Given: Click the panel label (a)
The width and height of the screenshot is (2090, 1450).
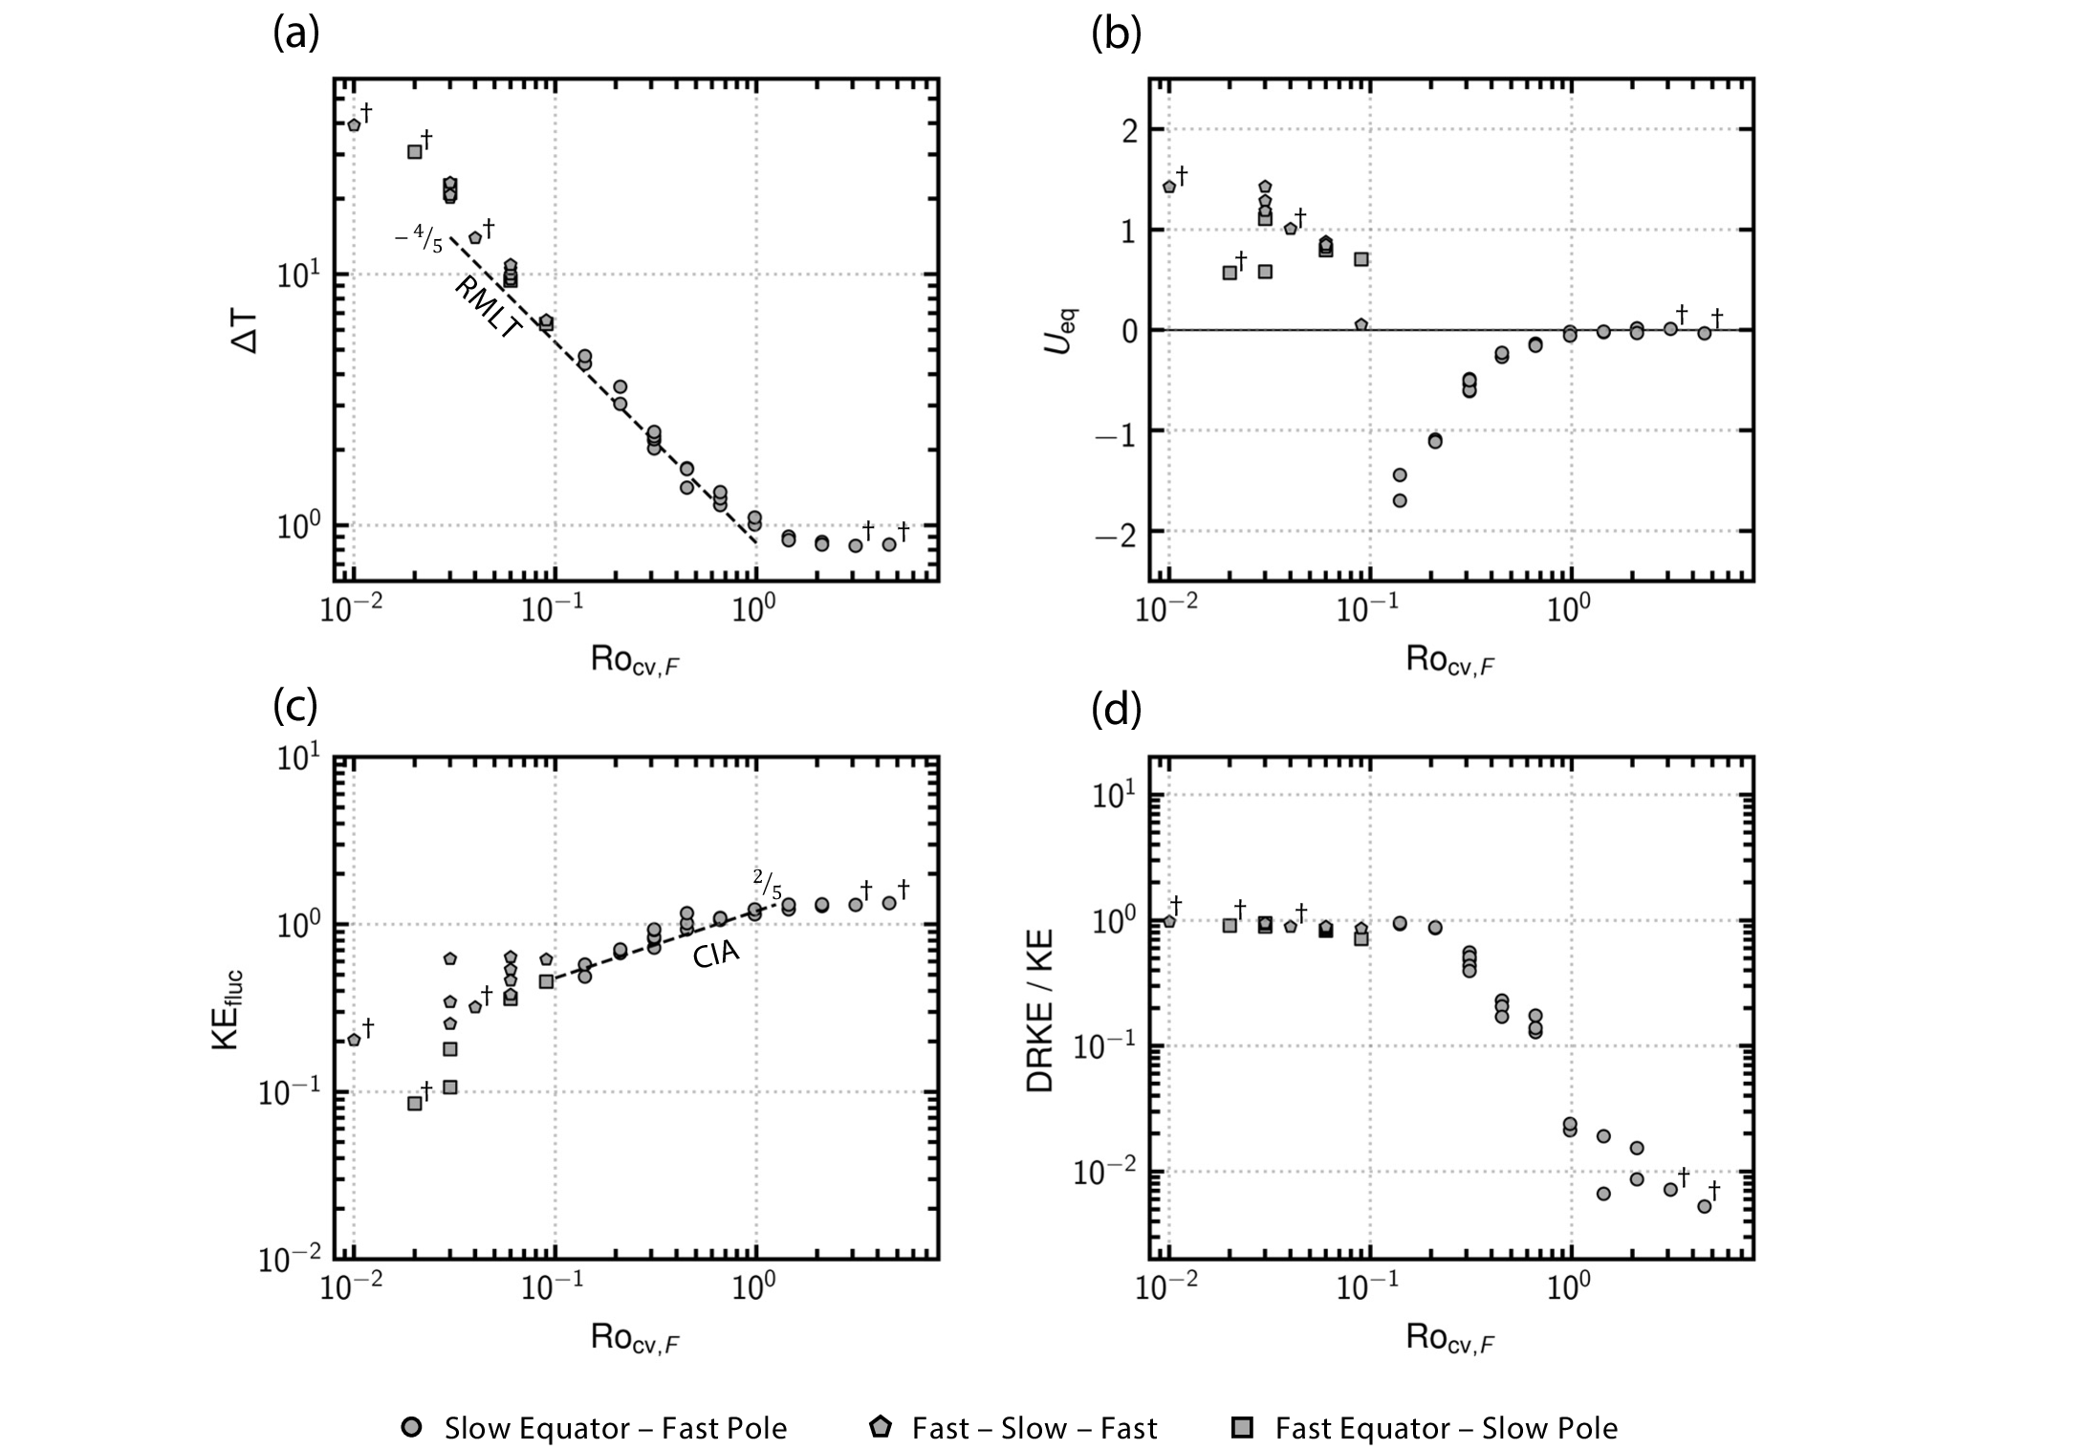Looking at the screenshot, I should tap(295, 35).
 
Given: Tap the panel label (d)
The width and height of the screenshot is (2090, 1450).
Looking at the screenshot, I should tap(1116, 712).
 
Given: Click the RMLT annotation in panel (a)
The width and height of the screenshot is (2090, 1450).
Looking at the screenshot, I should tap(489, 307).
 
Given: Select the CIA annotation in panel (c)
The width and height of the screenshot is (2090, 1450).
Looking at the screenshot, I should tap(716, 954).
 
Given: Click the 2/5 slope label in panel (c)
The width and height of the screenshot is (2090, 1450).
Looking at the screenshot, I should tap(767, 883).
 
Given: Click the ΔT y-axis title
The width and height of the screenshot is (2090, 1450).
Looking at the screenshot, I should tap(246, 330).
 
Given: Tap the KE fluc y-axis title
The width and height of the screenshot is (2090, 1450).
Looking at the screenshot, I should tap(229, 1009).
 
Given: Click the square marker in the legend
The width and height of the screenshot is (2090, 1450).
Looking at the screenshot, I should tap(1241, 1428).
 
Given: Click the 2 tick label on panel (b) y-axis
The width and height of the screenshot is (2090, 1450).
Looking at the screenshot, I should tap(1128, 130).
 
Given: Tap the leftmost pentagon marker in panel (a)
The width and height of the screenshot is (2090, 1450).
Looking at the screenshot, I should tap(354, 125).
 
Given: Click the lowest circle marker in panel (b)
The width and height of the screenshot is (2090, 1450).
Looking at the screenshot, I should tap(1400, 500).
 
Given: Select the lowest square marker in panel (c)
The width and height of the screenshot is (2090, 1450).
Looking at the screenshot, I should tap(415, 1103).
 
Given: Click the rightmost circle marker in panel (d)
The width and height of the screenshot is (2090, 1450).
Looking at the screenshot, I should tap(1704, 1206).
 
